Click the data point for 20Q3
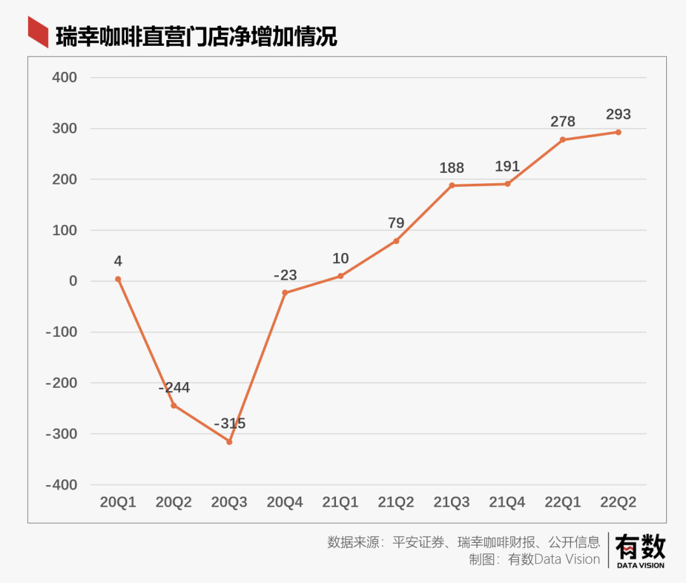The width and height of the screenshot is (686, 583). (x=229, y=441)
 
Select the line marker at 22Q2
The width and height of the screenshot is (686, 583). (x=618, y=132)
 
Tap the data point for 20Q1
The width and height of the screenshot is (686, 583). (x=118, y=279)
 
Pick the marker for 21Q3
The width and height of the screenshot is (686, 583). (x=452, y=186)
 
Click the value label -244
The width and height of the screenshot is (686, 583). (x=174, y=388)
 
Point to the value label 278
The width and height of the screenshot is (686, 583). (x=563, y=121)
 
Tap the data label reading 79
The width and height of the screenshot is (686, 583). (x=396, y=223)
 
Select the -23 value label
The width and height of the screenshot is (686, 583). (x=285, y=275)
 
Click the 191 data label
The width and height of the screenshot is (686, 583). (x=508, y=167)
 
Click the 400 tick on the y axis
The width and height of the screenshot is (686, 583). (x=64, y=78)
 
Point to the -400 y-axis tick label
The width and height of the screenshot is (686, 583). (x=61, y=485)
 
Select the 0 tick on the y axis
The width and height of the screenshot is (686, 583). (x=72, y=281)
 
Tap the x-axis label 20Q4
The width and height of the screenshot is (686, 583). (x=285, y=502)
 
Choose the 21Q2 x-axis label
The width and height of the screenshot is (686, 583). (x=396, y=502)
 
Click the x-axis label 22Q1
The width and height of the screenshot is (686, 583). (x=563, y=502)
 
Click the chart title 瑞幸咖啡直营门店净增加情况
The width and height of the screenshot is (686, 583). (x=196, y=37)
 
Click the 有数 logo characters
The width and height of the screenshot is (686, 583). (x=640, y=546)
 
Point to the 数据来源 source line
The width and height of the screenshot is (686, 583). (x=464, y=542)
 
